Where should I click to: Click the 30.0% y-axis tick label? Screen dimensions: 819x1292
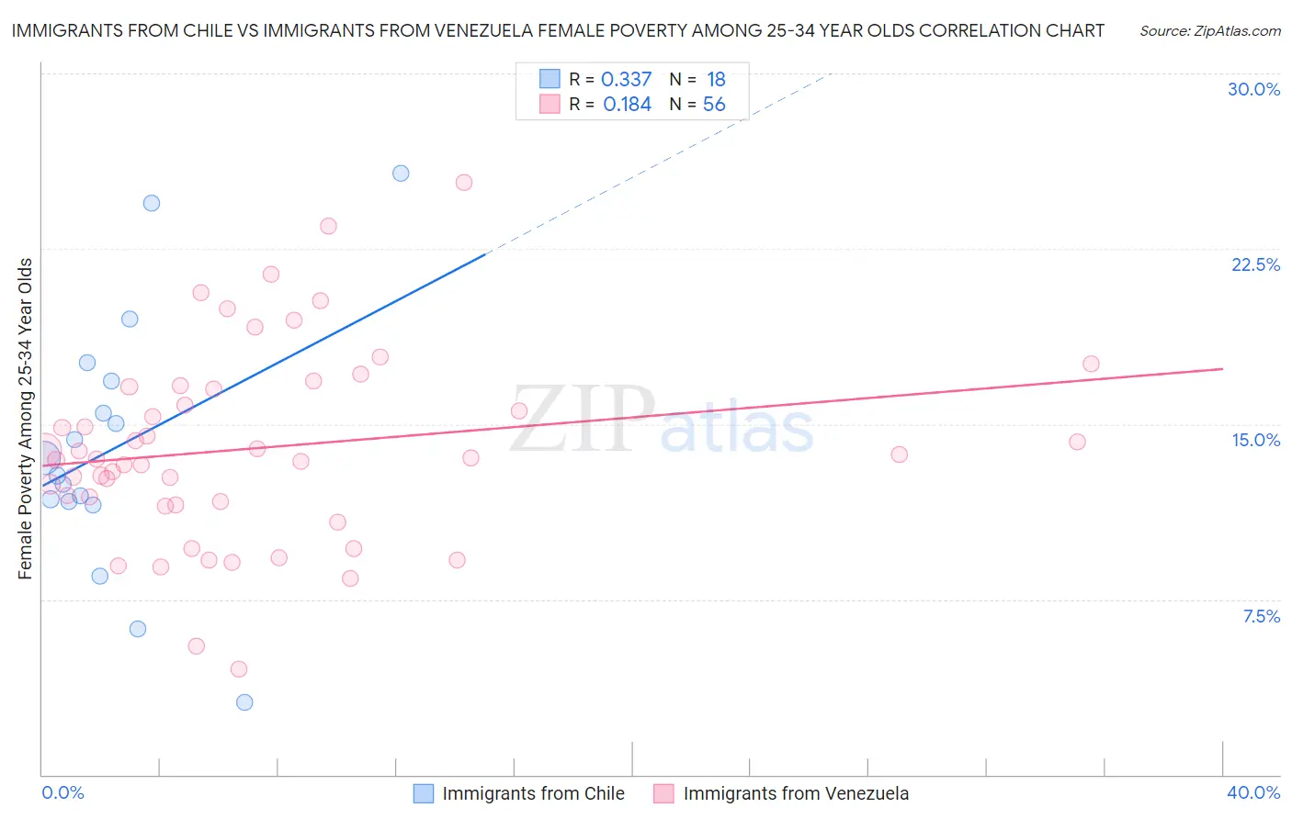pos(1253,89)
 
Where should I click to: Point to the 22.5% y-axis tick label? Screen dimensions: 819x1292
pos(1255,264)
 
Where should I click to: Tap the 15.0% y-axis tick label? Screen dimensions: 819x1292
pos(1255,440)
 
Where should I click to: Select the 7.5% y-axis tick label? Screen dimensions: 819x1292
pos(1261,616)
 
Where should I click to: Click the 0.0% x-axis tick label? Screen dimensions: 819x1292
pos(62,792)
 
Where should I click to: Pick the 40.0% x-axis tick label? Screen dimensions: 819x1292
pos(1252,792)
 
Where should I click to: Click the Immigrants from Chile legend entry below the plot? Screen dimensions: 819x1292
pos(519,793)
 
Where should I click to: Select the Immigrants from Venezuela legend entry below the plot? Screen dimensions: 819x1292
pos(781,793)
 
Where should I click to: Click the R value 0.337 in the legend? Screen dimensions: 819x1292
pos(626,80)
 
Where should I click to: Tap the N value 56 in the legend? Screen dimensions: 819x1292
pos(714,105)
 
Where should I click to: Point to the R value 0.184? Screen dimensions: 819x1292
pos(627,105)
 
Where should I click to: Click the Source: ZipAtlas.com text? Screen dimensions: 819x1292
pos(1209,30)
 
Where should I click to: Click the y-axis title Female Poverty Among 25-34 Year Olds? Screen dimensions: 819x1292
pos(25,419)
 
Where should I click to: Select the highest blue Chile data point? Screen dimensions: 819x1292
pos(401,173)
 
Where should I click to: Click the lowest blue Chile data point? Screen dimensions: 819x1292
pos(244,702)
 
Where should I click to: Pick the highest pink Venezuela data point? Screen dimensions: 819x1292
pos(464,183)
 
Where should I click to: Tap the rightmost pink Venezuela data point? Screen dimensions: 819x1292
pos(1091,364)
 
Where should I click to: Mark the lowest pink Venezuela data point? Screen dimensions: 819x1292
pos(239,668)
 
